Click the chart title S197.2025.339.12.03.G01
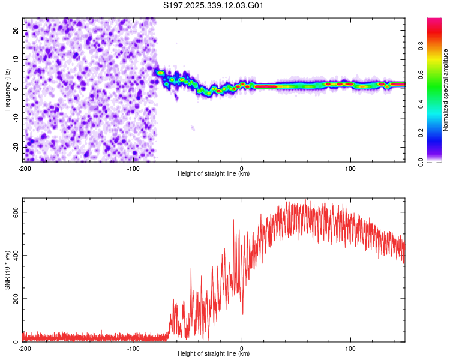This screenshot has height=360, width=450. [214, 5]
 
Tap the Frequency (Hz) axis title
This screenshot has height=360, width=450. [7, 90]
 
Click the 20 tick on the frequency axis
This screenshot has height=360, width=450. [16, 30]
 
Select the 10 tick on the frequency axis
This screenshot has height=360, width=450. [16, 59]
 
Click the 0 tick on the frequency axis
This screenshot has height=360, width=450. [18, 89]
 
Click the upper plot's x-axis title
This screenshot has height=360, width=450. [214, 174]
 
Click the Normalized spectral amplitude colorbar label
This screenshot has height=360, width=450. [446, 90]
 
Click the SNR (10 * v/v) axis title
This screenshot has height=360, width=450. [7, 270]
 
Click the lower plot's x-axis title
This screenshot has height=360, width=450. [214, 354]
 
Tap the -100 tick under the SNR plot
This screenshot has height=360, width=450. [133, 349]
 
